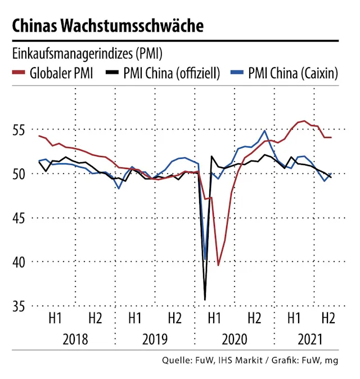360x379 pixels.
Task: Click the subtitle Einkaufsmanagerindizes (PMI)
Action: point(87,54)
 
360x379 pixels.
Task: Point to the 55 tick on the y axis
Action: point(19,130)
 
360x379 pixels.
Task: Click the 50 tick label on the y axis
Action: point(19,174)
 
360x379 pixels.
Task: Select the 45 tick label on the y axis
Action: point(19,218)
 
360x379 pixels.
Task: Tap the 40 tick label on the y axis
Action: point(19,262)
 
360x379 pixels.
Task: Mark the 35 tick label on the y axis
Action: point(19,306)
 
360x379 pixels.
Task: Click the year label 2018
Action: point(75,340)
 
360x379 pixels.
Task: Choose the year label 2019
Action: point(155,340)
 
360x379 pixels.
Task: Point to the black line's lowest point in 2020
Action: point(205,299)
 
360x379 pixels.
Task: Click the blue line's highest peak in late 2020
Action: point(264,131)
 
